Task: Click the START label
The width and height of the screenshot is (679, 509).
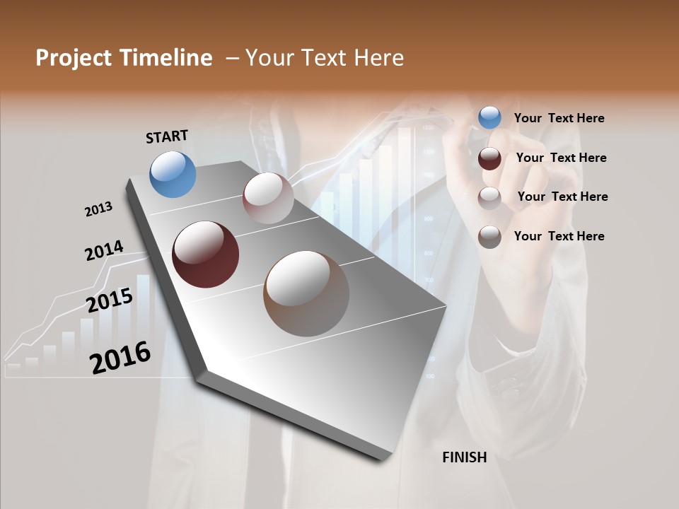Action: (x=167, y=136)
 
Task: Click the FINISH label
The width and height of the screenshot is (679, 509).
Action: (x=464, y=457)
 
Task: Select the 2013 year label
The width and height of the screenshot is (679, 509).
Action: (x=98, y=209)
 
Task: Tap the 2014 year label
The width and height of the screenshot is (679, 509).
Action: (x=104, y=251)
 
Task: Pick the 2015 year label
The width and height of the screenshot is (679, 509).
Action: (x=110, y=300)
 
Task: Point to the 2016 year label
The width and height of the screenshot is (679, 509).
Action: (x=120, y=358)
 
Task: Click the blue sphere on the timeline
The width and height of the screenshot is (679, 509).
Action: (x=173, y=174)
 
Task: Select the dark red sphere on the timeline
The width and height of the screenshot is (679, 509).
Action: (x=205, y=255)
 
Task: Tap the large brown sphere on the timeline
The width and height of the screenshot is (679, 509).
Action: (x=306, y=293)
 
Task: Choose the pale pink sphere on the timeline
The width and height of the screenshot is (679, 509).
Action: (x=268, y=198)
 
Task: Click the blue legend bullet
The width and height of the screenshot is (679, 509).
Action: (x=489, y=118)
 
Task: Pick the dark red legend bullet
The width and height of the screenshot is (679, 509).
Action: (x=489, y=158)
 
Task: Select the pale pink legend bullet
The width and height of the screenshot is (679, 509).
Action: (x=489, y=198)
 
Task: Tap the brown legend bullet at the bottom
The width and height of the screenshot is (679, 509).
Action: (x=489, y=237)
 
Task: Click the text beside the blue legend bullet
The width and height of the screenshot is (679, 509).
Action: (x=559, y=119)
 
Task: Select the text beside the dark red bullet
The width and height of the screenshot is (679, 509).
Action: (x=561, y=158)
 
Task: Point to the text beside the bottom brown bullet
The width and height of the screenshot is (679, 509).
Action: (x=559, y=236)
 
